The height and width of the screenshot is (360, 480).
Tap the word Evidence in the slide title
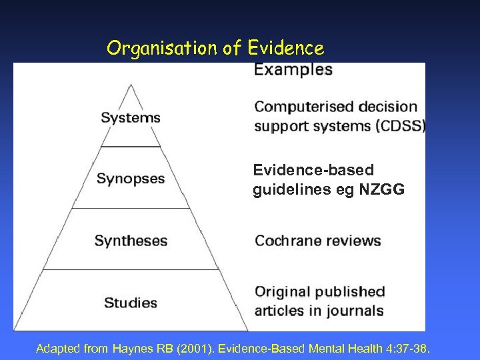pyautogui.click(x=286, y=49)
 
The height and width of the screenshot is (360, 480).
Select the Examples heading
pyautogui.click(x=293, y=69)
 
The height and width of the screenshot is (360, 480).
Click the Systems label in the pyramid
pyautogui.click(x=131, y=118)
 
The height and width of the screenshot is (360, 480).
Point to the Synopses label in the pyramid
pyautogui.click(x=131, y=179)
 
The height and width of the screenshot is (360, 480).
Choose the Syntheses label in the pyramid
pyautogui.click(x=131, y=241)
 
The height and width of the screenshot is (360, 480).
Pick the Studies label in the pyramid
pyautogui.click(x=131, y=303)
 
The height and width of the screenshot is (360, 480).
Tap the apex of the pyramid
pyautogui.click(x=131, y=85)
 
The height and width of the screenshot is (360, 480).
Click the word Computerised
pyautogui.click(x=304, y=107)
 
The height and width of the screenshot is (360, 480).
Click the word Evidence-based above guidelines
pyautogui.click(x=313, y=171)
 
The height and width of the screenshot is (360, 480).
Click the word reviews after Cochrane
pyautogui.click(x=354, y=241)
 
